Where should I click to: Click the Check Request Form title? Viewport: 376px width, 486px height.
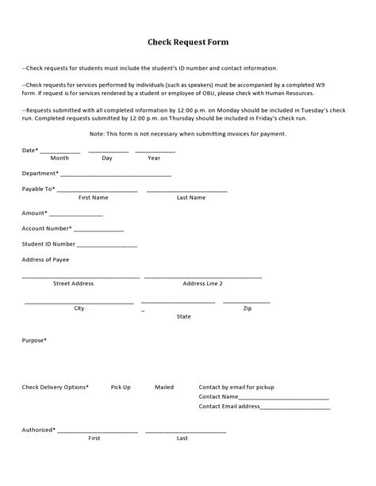coord(188,42)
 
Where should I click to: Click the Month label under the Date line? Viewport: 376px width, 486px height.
coord(59,158)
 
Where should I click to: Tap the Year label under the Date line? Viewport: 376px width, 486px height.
coord(154,158)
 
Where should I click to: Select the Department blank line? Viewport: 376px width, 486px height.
coord(116,174)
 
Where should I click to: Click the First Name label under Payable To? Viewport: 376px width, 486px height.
coord(94,197)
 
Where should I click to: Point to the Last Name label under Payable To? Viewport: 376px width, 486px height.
coord(191,197)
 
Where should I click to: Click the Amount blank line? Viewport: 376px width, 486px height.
coord(76,214)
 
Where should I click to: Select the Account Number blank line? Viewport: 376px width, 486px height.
coord(99,230)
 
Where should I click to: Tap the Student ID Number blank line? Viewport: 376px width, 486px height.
coord(102,246)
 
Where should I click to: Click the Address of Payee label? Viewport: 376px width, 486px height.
coord(45,259)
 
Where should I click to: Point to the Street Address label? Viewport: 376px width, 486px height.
coord(73,283)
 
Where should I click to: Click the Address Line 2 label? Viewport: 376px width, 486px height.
coord(203,283)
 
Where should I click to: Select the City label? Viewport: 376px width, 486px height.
coord(79,308)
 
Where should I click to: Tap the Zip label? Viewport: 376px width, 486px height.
coord(247,308)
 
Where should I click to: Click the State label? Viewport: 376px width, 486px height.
coord(184,316)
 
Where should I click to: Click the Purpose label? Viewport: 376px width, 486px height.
coord(34,340)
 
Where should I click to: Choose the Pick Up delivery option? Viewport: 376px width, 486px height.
coord(121,387)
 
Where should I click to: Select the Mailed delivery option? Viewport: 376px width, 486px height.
coord(164,387)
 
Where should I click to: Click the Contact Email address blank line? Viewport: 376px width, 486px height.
coord(295,408)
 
